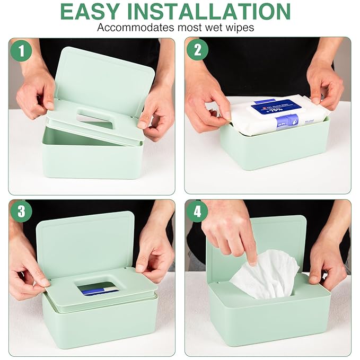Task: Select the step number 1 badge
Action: (x=21, y=50)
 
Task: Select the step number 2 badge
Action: (x=197, y=50)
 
